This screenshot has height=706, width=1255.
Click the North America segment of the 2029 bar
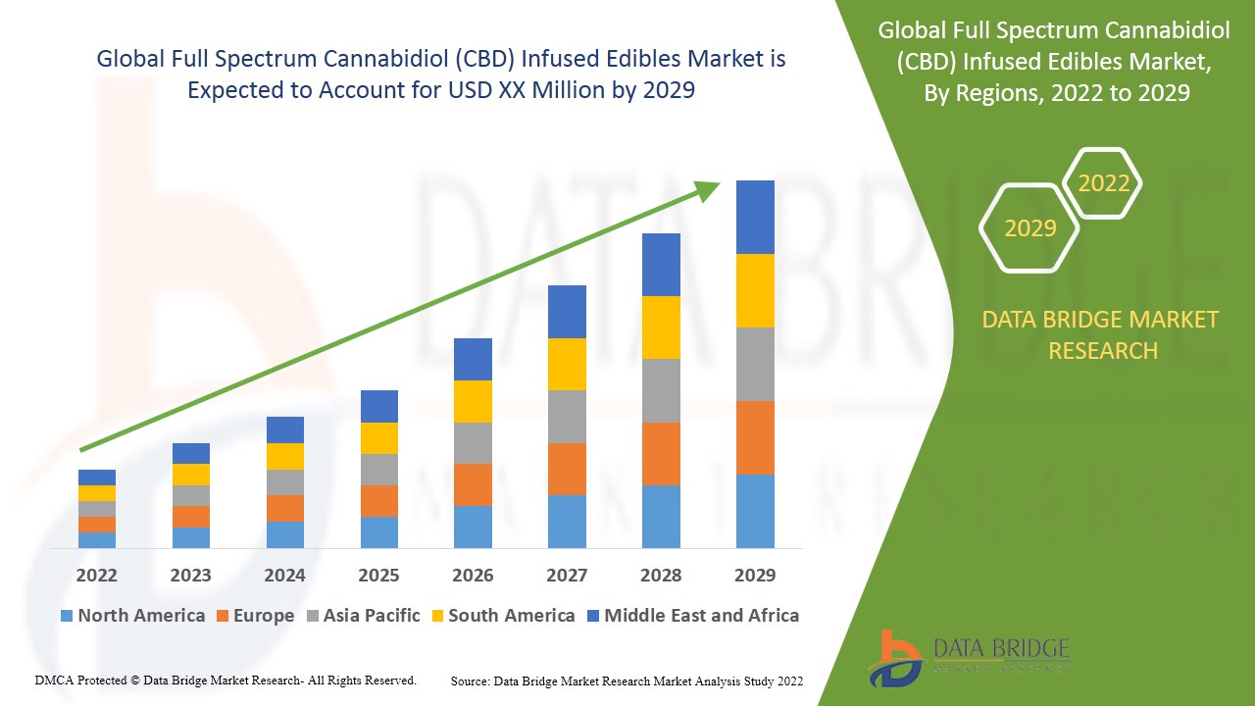coord(755,511)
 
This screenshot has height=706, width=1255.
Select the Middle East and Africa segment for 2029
coord(755,217)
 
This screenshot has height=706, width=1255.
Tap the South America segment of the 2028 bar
coord(661,328)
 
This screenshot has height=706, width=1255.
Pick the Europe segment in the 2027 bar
coord(567,469)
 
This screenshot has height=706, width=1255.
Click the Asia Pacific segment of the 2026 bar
coord(473,443)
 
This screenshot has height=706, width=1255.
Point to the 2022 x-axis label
coord(96,575)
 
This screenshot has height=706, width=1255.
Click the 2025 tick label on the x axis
coord(378,575)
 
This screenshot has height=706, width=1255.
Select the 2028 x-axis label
coord(661,575)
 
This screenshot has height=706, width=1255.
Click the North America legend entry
coord(132,616)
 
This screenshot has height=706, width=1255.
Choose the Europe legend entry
coord(253,616)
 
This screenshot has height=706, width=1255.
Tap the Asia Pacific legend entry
coord(364,616)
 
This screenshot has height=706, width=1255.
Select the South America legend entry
coord(501,616)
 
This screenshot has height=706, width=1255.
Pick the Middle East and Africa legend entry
coord(692,616)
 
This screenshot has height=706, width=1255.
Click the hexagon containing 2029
coord(1029,228)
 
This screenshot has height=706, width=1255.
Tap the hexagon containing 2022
coord(1103,183)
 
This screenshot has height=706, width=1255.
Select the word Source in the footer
coord(470,681)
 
